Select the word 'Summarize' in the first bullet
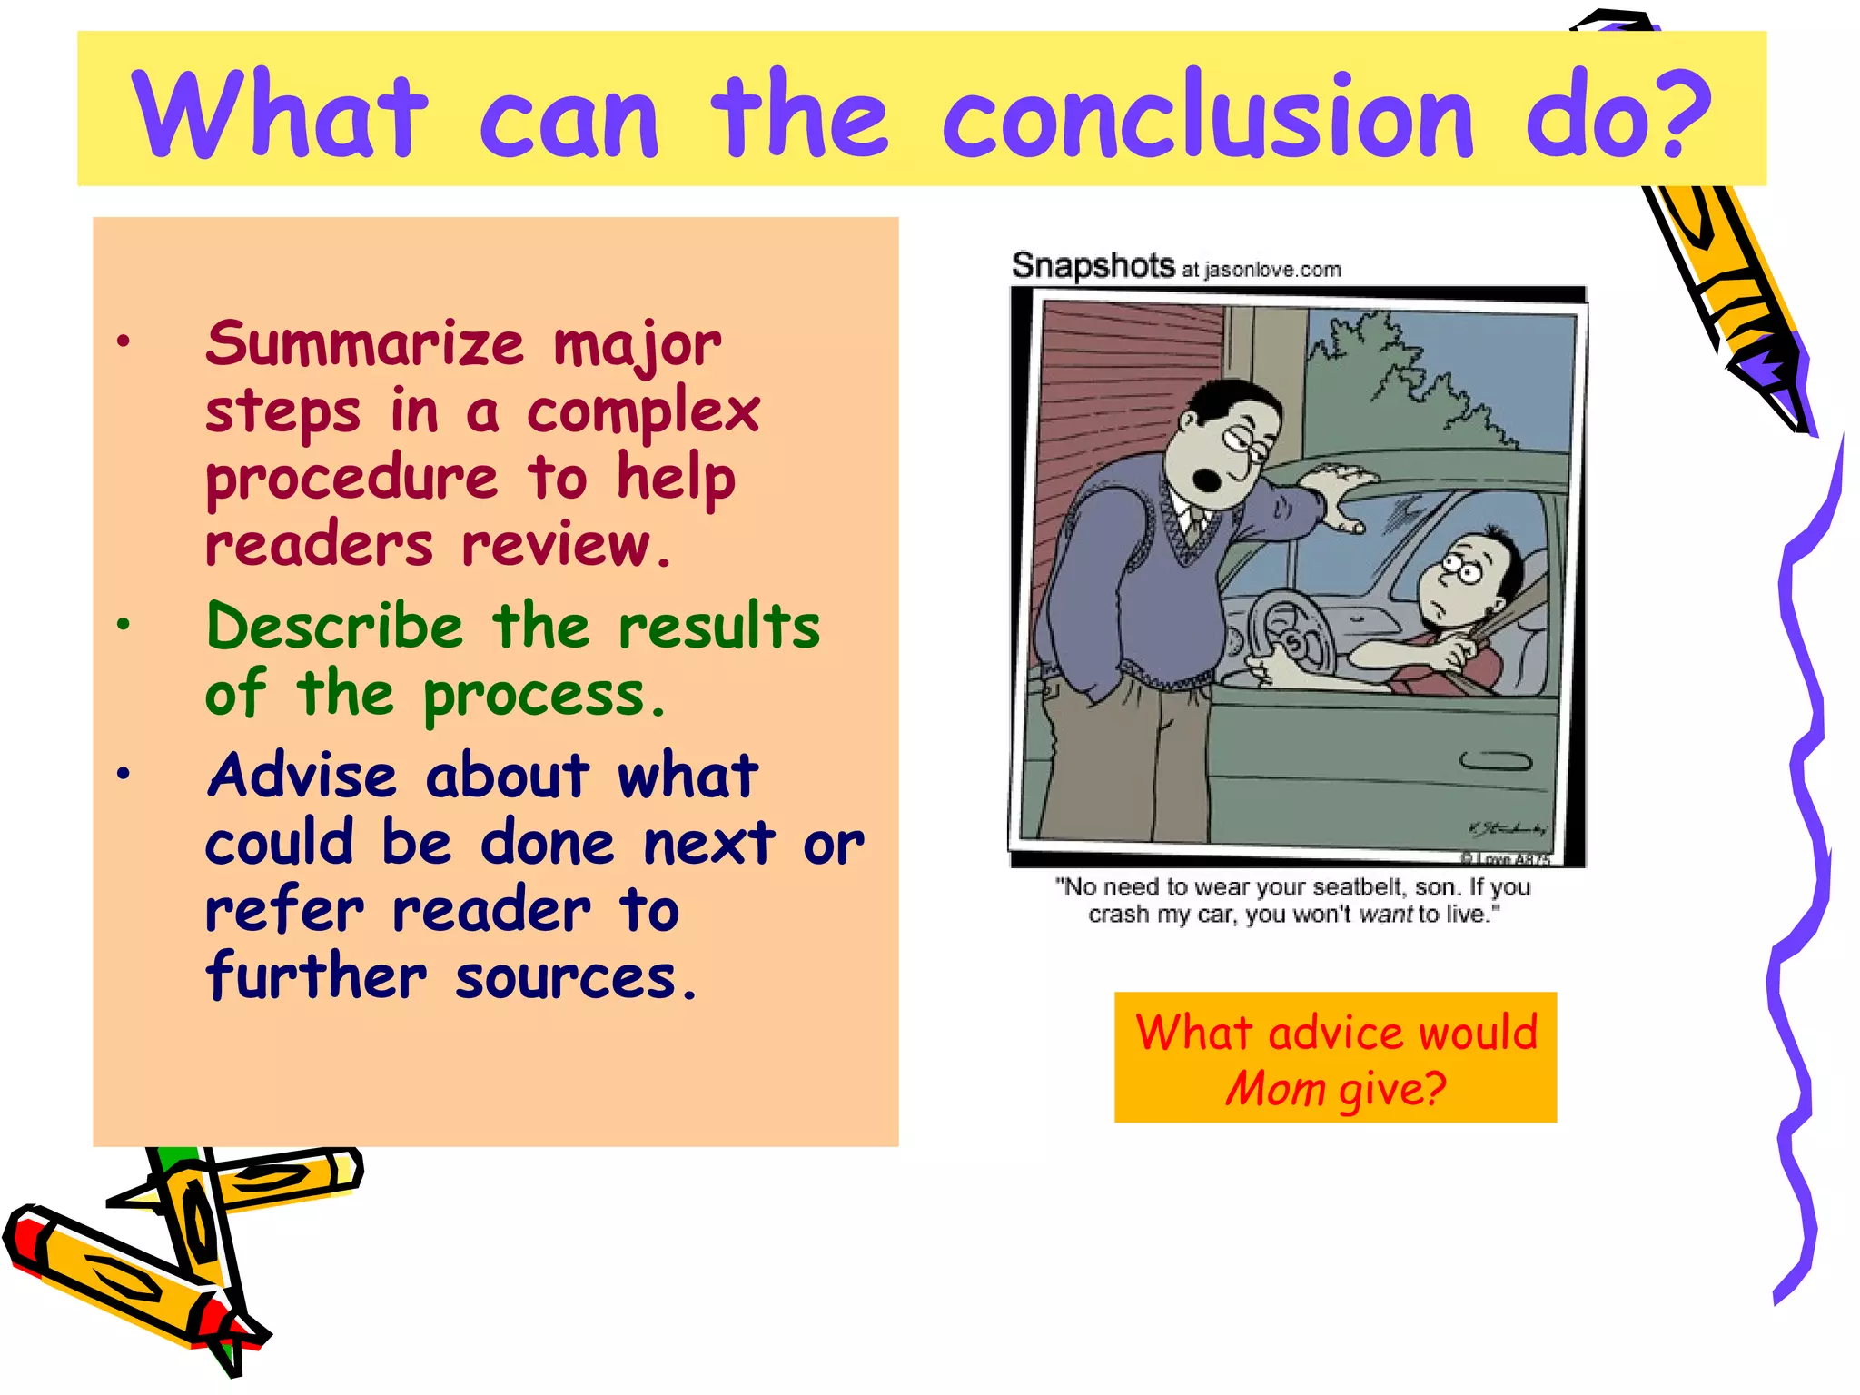point(364,345)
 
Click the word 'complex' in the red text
point(643,413)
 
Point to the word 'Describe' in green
point(334,628)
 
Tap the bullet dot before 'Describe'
point(124,625)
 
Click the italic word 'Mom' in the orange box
point(1275,1089)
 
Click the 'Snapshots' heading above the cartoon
point(1093,266)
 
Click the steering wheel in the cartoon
point(1290,636)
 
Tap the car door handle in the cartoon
point(1495,761)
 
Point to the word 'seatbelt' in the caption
point(1358,887)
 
